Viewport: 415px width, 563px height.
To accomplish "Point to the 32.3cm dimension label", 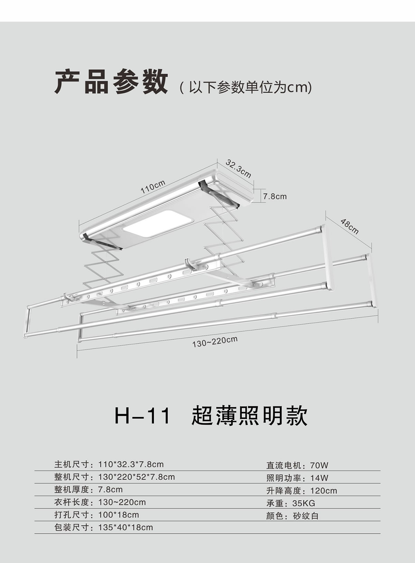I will (x=239, y=168).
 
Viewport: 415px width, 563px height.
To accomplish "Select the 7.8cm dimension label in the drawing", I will (x=275, y=197).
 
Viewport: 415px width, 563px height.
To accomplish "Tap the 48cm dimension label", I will (x=350, y=226).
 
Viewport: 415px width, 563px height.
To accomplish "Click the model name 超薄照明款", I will (x=249, y=416).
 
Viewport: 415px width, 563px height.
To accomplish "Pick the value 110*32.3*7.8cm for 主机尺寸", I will (x=131, y=464).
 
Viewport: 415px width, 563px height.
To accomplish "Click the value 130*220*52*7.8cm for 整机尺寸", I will (x=137, y=477).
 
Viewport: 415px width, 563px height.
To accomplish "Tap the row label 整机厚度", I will (x=72, y=489).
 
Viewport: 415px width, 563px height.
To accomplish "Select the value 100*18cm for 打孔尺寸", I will (x=119, y=515).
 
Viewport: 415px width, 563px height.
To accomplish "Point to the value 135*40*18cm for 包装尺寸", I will (x=126, y=527).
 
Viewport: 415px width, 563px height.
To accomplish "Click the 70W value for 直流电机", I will (x=319, y=465).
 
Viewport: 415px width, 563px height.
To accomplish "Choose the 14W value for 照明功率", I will (x=319, y=478).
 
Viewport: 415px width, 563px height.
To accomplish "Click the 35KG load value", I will (x=304, y=503).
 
